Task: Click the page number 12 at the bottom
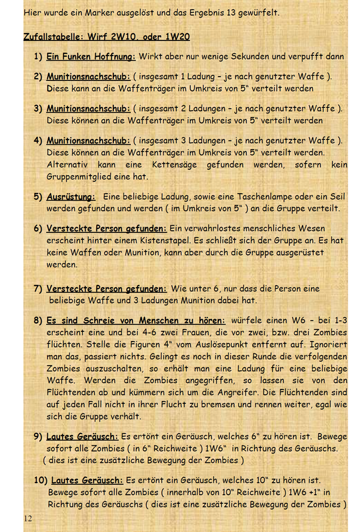pos(28,518)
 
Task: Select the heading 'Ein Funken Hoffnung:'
pos(91,56)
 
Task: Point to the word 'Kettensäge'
pos(174,165)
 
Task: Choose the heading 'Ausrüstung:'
pos(71,197)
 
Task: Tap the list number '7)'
pos(38,289)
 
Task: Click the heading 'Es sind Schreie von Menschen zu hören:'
pos(136,321)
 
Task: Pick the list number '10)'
pos(40,480)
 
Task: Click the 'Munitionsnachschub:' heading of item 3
pos(88,109)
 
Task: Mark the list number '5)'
pos(38,197)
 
